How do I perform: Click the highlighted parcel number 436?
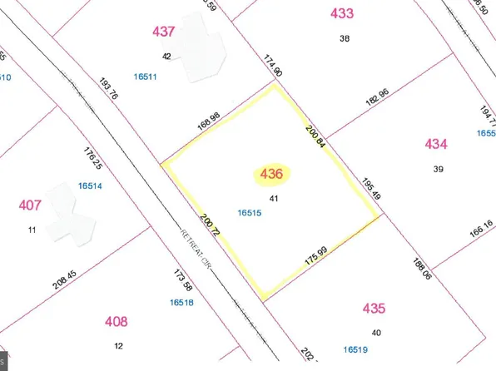[x=272, y=175]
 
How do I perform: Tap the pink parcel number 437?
[x=165, y=32]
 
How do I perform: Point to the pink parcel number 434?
[x=436, y=145]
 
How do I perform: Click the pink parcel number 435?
[x=374, y=309]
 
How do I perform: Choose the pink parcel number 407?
[x=30, y=205]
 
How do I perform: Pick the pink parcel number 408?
[x=117, y=321]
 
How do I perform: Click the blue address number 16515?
[x=250, y=213]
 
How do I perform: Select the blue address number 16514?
[x=90, y=186]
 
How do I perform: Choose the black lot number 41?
[x=274, y=198]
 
